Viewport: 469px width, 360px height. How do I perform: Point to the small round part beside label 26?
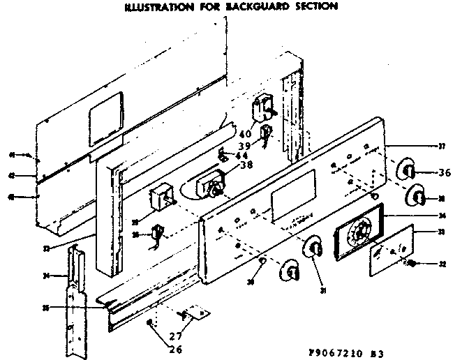coord(151,322)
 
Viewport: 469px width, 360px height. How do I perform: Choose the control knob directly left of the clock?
coord(313,247)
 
